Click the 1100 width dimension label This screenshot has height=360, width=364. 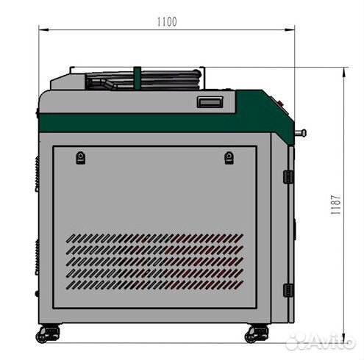click(x=167, y=22)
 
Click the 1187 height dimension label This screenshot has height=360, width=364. click(x=335, y=205)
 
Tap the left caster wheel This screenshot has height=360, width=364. click(x=48, y=334)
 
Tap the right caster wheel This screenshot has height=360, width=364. click(x=257, y=334)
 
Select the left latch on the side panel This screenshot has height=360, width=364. click(x=81, y=158)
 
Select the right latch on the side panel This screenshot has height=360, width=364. click(x=229, y=158)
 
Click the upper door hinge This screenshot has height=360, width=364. click(x=288, y=177)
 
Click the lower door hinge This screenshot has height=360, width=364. click(x=288, y=290)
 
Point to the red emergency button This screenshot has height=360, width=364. click(x=279, y=102)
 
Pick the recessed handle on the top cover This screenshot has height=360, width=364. click(x=210, y=102)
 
